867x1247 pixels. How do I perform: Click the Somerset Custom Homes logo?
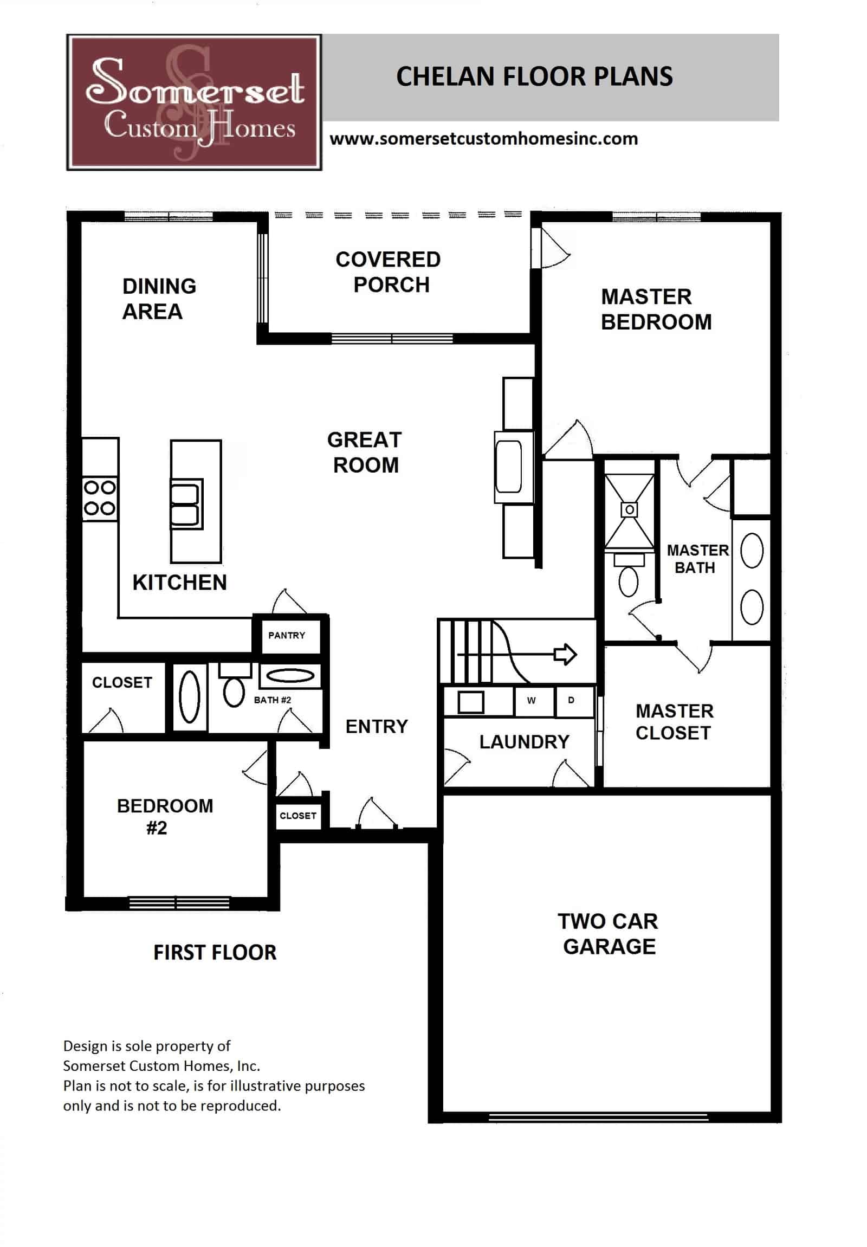pyautogui.click(x=194, y=102)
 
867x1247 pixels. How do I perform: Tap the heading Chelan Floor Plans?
pyautogui.click(x=534, y=76)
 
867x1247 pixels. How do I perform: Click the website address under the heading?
pyautogui.click(x=483, y=139)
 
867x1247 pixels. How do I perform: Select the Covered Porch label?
pyautogui.click(x=388, y=272)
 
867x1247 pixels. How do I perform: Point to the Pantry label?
pyautogui.click(x=286, y=635)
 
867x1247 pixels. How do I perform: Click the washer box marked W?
pyautogui.click(x=531, y=701)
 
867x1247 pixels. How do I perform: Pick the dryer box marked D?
pyautogui.click(x=571, y=701)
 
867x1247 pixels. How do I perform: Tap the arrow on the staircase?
pyautogui.click(x=565, y=655)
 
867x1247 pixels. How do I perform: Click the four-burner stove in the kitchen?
pyautogui.click(x=99, y=498)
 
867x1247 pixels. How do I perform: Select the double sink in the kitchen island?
pyautogui.click(x=185, y=504)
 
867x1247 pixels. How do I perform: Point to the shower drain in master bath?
pyautogui.click(x=629, y=510)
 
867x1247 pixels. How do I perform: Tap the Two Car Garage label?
pyautogui.click(x=607, y=934)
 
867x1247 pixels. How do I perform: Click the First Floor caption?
pyautogui.click(x=215, y=953)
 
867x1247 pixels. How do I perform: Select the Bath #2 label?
pyautogui.click(x=272, y=700)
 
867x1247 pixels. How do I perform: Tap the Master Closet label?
pyautogui.click(x=674, y=722)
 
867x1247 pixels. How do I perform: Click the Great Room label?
pyautogui.click(x=364, y=452)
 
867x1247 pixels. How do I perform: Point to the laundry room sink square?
pyautogui.click(x=470, y=702)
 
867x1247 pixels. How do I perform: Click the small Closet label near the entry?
pyautogui.click(x=297, y=816)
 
